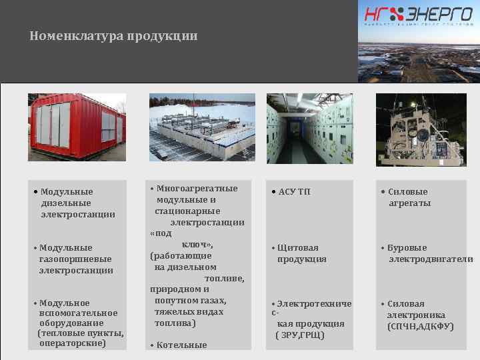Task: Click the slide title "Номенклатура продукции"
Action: (113, 36)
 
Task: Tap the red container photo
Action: (77, 129)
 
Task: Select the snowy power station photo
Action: (202, 129)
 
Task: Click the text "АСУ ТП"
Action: (295, 192)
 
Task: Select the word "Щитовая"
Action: (297, 248)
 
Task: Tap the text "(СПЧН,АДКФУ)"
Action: (421, 327)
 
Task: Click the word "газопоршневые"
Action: (75, 259)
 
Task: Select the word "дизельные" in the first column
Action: (65, 203)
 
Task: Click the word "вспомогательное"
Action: (78, 313)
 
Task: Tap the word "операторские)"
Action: (73, 343)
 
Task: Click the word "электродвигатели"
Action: (430, 259)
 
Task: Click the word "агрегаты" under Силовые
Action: (409, 203)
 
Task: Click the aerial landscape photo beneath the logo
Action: (419, 57)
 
